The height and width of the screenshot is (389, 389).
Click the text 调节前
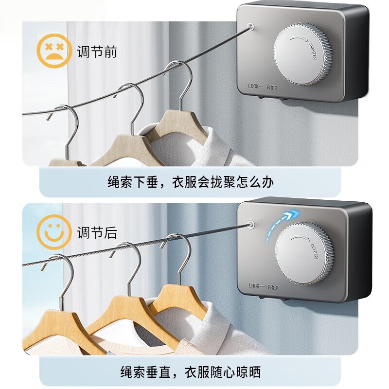97,52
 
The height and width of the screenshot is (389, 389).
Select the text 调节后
97,232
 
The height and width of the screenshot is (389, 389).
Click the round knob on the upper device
302,53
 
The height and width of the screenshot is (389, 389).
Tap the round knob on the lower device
303,253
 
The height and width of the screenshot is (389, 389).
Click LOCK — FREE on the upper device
263,87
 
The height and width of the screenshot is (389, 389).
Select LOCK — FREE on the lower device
263,286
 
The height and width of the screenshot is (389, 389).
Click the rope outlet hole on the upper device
250,26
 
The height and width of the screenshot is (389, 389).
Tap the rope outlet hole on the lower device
251,224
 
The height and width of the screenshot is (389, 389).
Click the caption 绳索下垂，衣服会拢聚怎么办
191,182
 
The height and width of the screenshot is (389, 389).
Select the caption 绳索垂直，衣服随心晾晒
191,372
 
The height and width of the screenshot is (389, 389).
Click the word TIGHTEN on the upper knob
312,52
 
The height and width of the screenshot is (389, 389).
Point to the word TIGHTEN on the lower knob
314,250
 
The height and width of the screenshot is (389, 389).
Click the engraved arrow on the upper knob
299,38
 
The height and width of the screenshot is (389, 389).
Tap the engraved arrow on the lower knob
300,238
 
